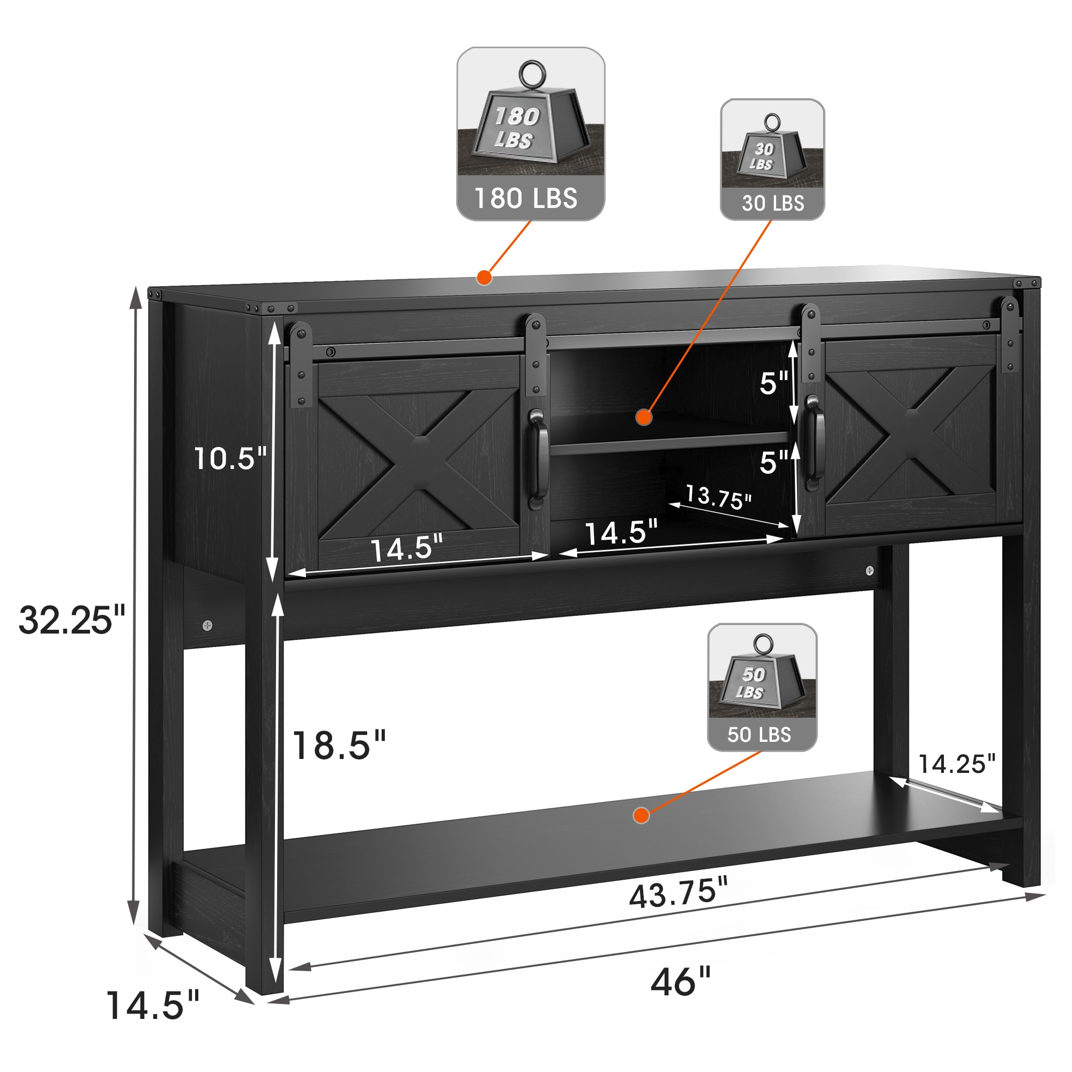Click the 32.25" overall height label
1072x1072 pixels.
coord(72,620)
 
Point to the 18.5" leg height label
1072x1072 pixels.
coord(338,745)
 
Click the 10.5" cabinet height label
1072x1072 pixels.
coord(230,458)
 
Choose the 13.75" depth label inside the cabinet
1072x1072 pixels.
coord(719,497)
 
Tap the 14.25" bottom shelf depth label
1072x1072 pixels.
coord(957,763)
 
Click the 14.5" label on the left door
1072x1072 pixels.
coord(407,548)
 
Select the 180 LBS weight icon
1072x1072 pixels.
coord(531,133)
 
